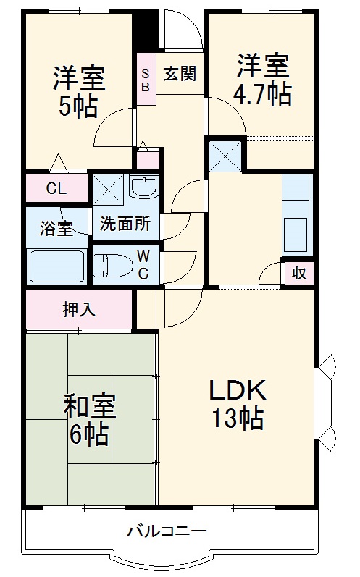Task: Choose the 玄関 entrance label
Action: click(x=180, y=75)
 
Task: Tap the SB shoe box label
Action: click(x=146, y=79)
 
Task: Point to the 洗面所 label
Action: click(x=125, y=224)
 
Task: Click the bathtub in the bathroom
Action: click(x=56, y=266)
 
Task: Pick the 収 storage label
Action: click(x=298, y=273)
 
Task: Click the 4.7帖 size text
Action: click(x=263, y=94)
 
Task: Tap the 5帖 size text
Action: click(x=78, y=106)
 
